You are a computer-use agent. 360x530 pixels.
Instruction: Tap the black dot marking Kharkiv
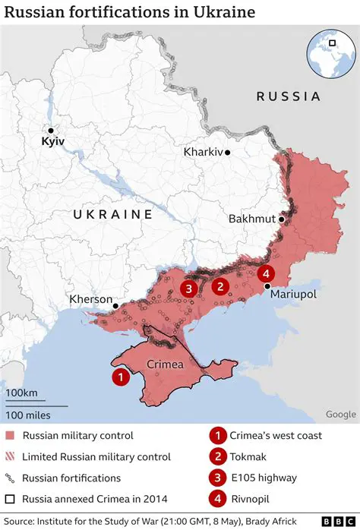point(227,152)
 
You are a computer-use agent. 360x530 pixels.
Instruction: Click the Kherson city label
point(90,299)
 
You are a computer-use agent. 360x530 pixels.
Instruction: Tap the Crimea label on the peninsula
point(164,364)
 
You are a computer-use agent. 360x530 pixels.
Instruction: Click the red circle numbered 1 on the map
point(119,376)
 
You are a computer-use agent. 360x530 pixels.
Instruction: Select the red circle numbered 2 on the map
point(220,286)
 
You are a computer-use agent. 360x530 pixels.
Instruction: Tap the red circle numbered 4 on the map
point(265,273)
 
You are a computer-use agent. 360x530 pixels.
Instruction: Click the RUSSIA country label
point(288,96)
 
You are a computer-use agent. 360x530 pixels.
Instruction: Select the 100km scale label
point(23,393)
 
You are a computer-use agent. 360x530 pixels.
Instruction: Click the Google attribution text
point(340,414)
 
